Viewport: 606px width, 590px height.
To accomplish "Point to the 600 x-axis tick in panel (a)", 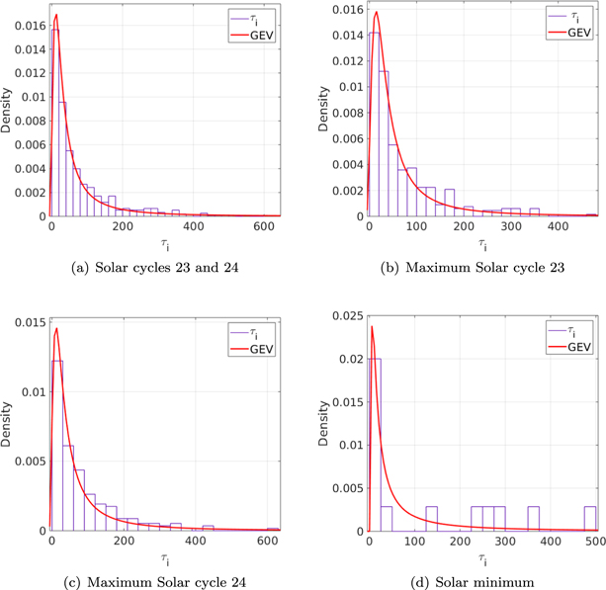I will point(265,226).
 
